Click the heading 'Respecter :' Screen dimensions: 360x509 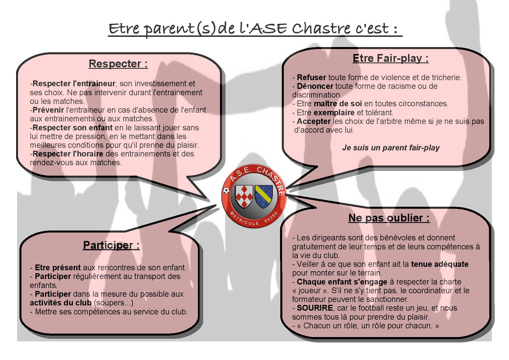tap(118, 64)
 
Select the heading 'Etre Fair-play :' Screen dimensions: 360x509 tap(391, 58)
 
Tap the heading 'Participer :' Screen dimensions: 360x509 tap(111, 245)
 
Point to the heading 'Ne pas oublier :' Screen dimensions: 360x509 tap(389, 218)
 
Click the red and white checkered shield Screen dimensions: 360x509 tap(243, 197)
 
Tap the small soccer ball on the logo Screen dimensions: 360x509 tap(226, 190)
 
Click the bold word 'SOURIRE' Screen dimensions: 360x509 tap(315, 308)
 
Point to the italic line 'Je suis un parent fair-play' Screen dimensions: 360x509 tap(391, 147)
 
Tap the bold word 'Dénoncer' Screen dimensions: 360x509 tap(315, 86)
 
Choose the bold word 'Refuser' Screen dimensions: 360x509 tap(311, 78)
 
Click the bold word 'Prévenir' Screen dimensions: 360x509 tap(48, 110)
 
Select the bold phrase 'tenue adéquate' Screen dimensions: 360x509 tap(440, 264)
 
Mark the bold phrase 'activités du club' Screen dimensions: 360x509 tap(61, 303)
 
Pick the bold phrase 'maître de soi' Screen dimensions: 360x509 tap(338, 104)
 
